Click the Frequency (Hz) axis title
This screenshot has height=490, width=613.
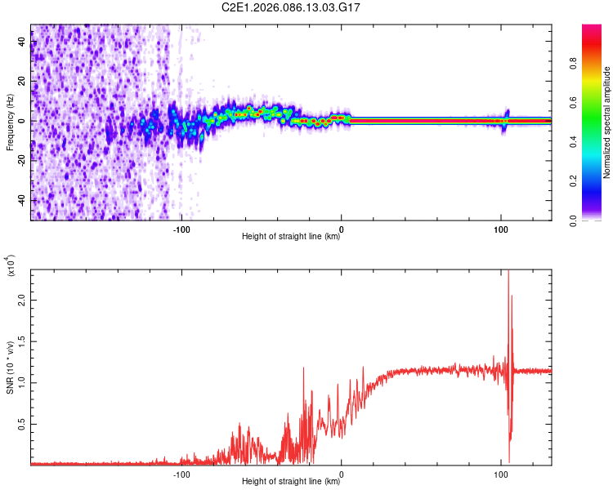tap(11, 122)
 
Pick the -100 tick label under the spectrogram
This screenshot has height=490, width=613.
tap(181, 228)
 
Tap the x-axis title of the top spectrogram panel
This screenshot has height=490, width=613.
tap(291, 237)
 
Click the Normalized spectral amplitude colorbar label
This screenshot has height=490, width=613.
tap(607, 122)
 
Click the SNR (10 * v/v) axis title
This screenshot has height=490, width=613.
tap(11, 367)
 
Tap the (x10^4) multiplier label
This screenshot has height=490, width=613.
tap(11, 265)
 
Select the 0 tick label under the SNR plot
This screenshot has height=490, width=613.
tap(342, 473)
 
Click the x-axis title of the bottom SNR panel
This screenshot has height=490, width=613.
tap(291, 482)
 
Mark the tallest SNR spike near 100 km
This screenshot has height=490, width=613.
tap(508, 272)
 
